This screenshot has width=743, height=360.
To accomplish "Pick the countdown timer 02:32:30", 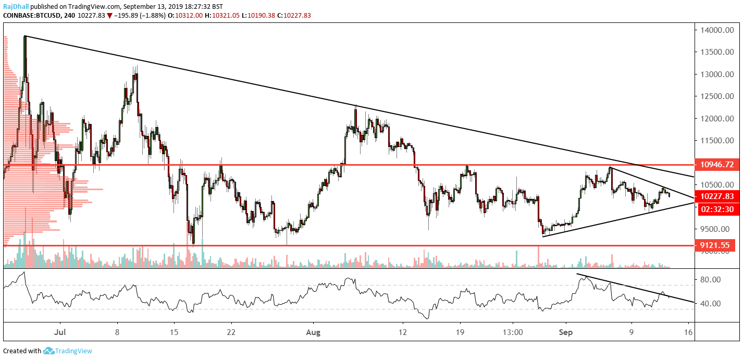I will (717, 209).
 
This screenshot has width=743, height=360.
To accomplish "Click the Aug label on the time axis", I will (313, 331).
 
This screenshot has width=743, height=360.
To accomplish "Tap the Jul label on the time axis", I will (60, 331).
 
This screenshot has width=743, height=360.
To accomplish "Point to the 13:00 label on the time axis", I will (513, 331).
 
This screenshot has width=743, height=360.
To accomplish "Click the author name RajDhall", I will (17, 6).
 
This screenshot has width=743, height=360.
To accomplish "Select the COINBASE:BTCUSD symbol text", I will (32, 16).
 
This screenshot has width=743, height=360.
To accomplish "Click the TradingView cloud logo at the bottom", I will (49, 351).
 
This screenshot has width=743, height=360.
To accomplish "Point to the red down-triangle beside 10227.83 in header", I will (109, 16).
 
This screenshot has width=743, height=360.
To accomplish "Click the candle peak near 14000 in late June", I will (24, 36).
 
